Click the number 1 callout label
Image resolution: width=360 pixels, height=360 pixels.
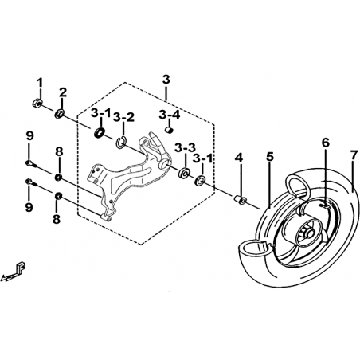click(40, 83)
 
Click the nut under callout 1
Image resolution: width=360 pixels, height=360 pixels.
click(37, 103)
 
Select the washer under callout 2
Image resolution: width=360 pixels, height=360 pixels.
click(60, 114)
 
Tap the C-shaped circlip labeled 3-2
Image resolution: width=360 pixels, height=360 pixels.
click(121, 142)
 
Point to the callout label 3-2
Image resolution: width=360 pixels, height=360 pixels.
click(123, 117)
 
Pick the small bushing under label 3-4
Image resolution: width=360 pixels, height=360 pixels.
click(169, 131)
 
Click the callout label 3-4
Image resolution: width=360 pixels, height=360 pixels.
click(170, 115)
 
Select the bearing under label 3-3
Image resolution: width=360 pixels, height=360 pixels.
click(184, 173)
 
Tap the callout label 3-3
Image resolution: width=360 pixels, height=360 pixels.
click(185, 147)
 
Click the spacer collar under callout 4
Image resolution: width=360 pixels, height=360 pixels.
click(240, 199)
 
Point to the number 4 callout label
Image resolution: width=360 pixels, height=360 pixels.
click(239, 158)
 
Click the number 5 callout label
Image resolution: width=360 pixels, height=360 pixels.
click(270, 157)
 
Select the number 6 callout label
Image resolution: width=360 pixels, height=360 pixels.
click(326, 143)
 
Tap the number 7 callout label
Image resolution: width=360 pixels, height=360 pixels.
click(353, 157)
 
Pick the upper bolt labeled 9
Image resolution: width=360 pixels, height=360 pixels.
click(31, 164)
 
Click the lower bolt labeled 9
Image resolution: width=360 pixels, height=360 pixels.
click(31, 182)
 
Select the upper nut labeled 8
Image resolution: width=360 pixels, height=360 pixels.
click(58, 178)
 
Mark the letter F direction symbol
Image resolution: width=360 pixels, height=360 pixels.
click(20, 267)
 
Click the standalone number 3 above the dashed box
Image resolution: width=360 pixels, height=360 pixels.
click(166, 80)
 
